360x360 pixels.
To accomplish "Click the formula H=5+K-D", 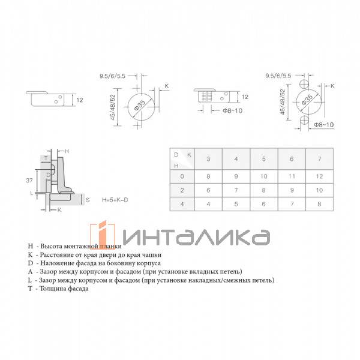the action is [115, 200].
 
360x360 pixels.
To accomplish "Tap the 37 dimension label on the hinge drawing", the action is [29, 181].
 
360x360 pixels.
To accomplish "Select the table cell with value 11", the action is [292, 176].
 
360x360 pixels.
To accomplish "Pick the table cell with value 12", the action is [319, 176].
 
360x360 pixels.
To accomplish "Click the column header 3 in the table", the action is [208, 159].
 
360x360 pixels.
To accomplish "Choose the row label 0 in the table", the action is [182, 176].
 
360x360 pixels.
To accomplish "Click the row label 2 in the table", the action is [182, 190].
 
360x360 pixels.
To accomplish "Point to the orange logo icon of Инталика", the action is [103, 235].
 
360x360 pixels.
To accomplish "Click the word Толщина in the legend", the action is [53, 289].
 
